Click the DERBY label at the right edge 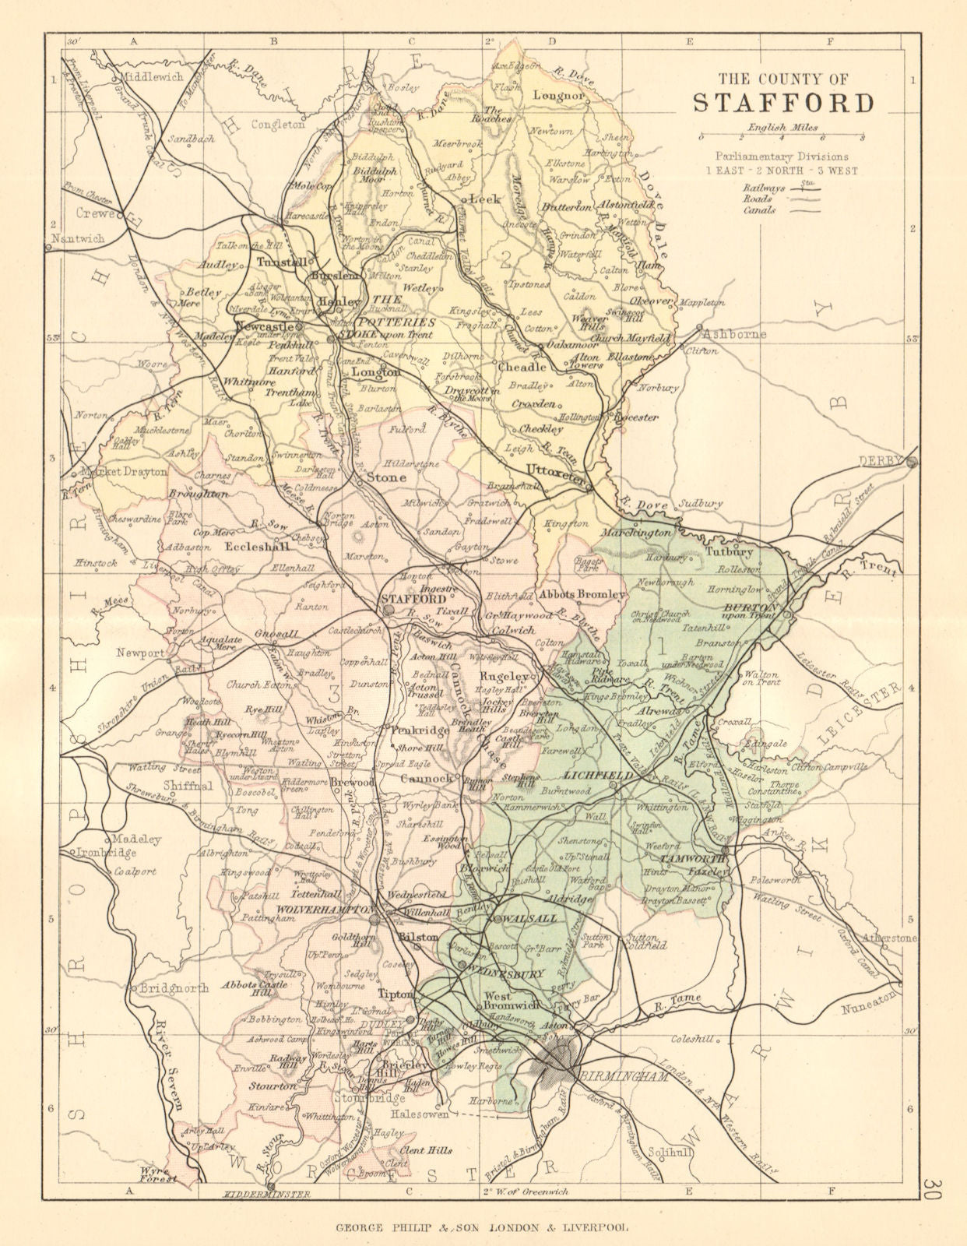pos(882,461)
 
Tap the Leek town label pos(483,199)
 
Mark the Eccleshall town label pos(251,547)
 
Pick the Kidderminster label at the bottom pos(255,1194)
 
